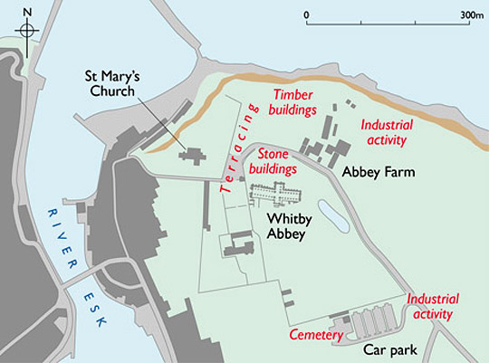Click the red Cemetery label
(316, 335)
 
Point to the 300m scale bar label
(471, 15)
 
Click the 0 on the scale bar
(307, 15)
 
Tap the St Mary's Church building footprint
(193, 156)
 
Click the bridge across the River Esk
(69, 276)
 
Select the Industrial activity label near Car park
(433, 307)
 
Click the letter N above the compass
(28, 11)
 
